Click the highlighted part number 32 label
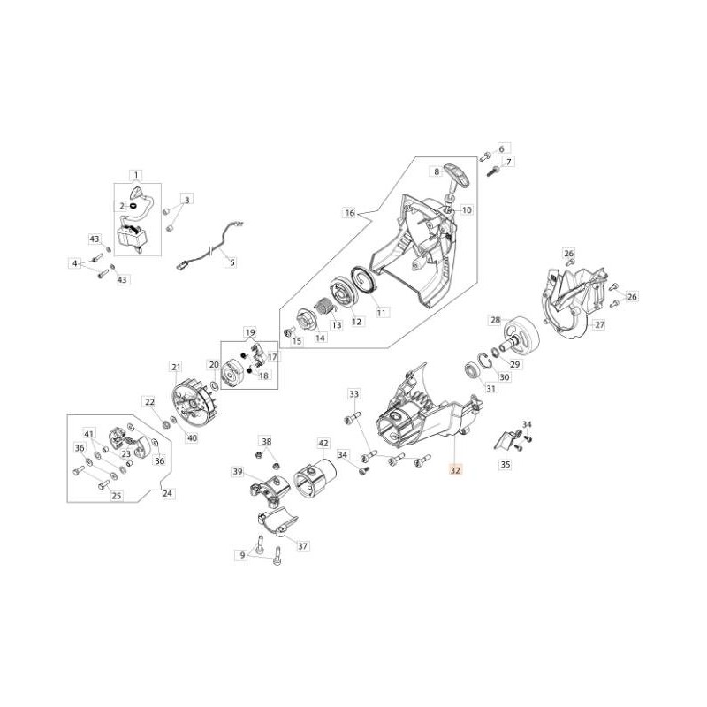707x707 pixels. tap(455, 470)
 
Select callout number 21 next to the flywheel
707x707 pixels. tap(176, 368)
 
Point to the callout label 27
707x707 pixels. tap(599, 324)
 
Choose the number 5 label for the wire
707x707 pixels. tap(232, 262)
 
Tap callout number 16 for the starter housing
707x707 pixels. tap(350, 213)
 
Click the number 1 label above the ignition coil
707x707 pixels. tap(136, 175)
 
